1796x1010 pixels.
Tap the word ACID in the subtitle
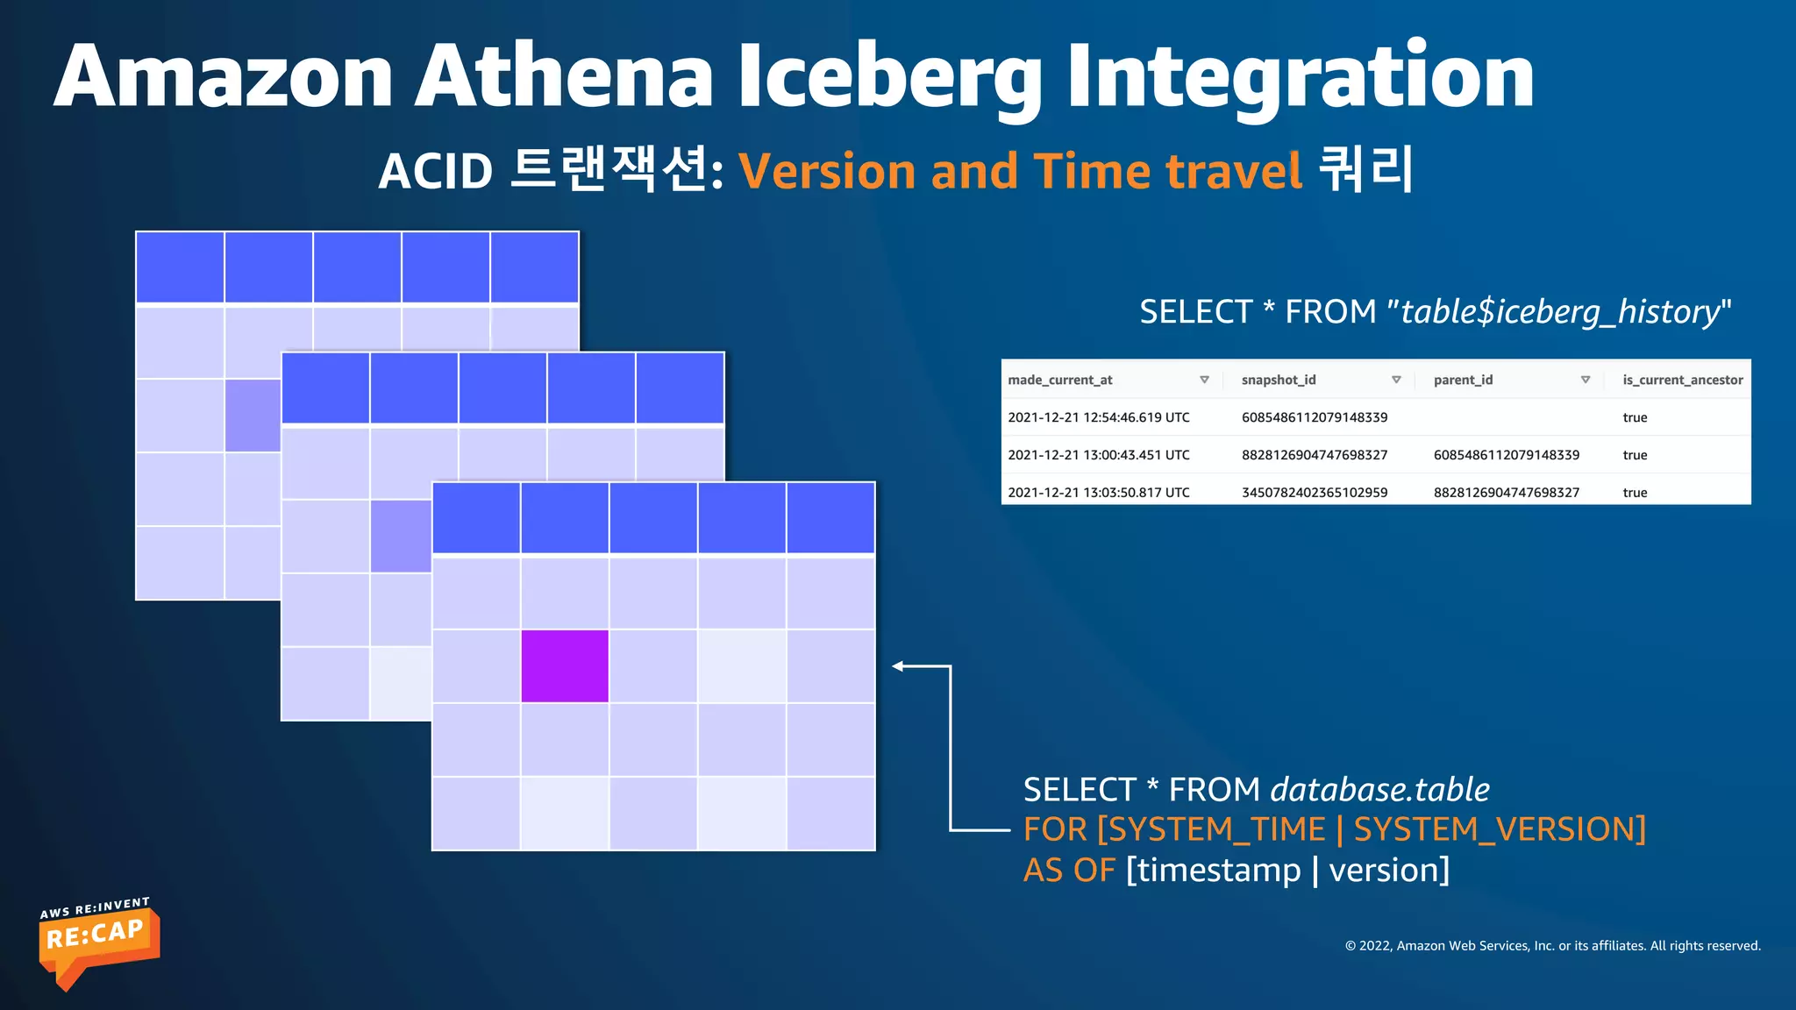pyautogui.click(x=436, y=171)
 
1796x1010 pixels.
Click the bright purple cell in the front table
pyautogui.click(x=565, y=666)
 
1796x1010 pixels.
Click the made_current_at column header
pyautogui.click(x=1059, y=380)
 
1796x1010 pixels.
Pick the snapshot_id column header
pyautogui.click(x=1278, y=380)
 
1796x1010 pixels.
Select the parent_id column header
pyautogui.click(x=1463, y=380)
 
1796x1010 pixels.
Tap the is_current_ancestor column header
pyautogui.click(x=1682, y=380)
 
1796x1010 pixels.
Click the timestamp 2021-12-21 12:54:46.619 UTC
pyautogui.click(x=1098, y=417)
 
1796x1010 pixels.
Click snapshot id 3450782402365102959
pyautogui.click(x=1314, y=493)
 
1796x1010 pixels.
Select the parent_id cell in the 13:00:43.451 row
pyautogui.click(x=1506, y=455)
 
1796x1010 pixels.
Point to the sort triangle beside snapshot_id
pyautogui.click(x=1396, y=380)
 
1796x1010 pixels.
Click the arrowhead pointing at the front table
pyautogui.click(x=898, y=666)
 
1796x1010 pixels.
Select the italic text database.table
pyautogui.click(x=1379, y=790)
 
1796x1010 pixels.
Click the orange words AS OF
pyautogui.click(x=1068, y=871)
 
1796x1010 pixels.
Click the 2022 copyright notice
pyautogui.click(x=1552, y=945)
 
